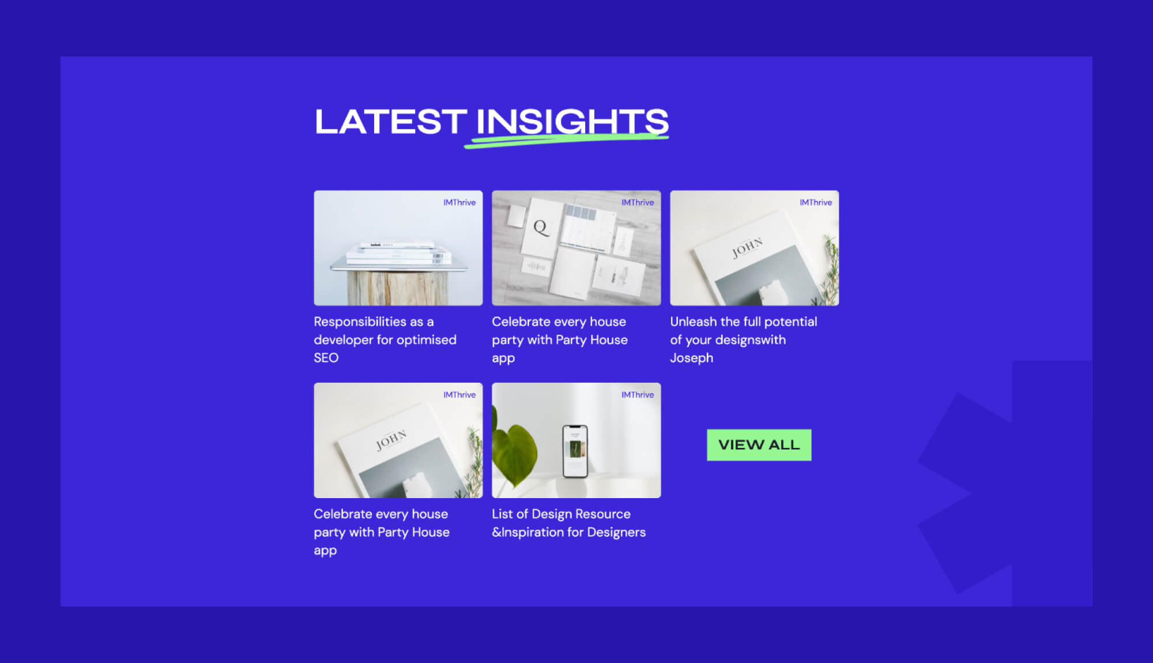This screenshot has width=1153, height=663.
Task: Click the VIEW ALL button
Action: click(759, 444)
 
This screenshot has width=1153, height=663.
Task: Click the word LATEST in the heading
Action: click(390, 122)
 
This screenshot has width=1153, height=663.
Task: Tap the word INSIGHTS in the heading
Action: click(572, 122)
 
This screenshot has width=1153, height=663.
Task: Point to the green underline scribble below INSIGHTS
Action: click(565, 140)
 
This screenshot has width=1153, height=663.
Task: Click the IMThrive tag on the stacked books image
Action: click(459, 202)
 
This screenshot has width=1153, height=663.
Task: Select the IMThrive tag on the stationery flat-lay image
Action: click(638, 202)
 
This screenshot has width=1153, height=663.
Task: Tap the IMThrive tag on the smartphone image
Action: click(638, 395)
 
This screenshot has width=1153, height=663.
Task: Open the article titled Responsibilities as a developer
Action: click(385, 340)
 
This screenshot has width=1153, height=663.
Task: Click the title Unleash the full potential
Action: click(743, 322)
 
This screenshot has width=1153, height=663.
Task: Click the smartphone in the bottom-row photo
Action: click(575, 451)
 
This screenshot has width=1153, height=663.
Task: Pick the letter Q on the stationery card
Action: click(540, 227)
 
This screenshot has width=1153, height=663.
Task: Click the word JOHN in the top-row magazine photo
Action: click(747, 247)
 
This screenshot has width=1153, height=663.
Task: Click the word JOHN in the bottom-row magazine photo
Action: click(391, 440)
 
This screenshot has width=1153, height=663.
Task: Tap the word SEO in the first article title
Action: click(326, 358)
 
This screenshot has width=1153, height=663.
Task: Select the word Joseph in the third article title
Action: click(691, 358)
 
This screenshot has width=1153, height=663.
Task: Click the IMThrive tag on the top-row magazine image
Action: click(816, 202)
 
